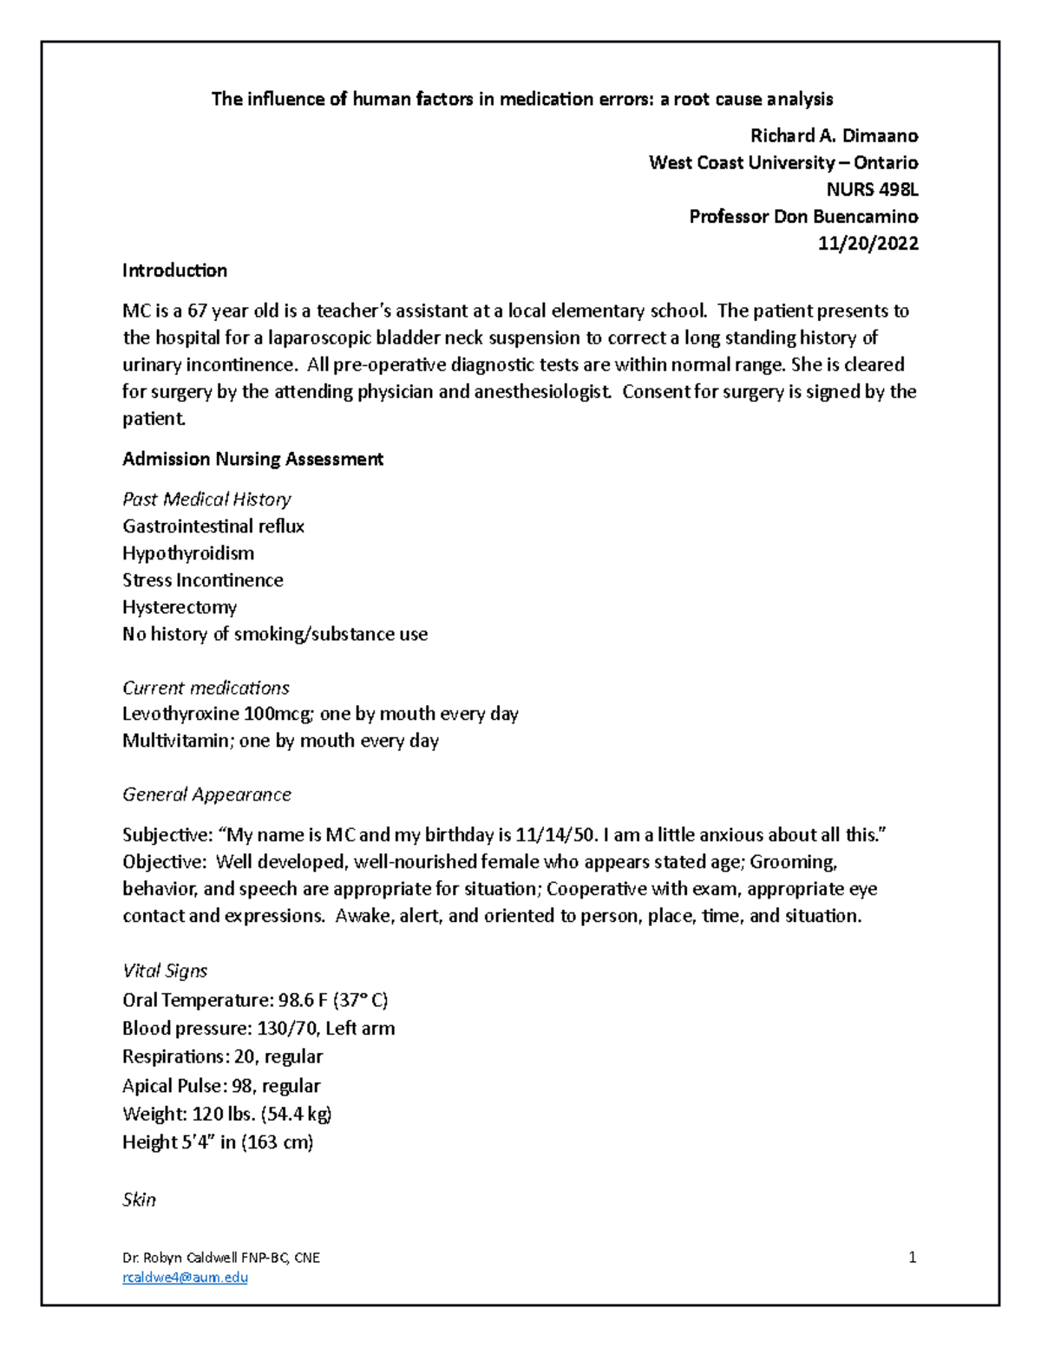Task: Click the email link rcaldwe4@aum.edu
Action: [x=185, y=1277]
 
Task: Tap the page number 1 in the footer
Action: [x=912, y=1258]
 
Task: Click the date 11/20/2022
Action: [x=867, y=244]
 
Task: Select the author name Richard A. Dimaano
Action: [x=834, y=136]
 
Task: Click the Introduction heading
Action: [x=174, y=271]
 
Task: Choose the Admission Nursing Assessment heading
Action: [x=252, y=459]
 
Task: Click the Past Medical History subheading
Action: [x=206, y=500]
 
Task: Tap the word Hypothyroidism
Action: [x=188, y=553]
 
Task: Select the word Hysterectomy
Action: [x=180, y=607]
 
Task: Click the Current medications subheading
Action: [x=206, y=688]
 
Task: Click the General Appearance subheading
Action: [x=206, y=794]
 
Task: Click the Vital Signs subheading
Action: [x=165, y=971]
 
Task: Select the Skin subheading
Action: [x=139, y=1200]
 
